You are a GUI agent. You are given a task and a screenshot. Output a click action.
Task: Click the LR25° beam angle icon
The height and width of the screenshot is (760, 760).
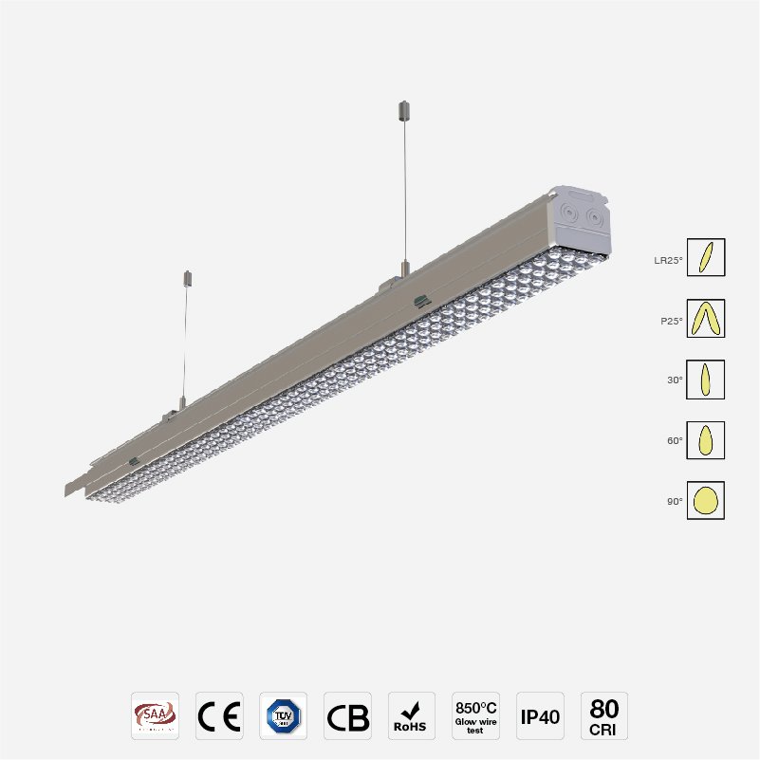(706, 258)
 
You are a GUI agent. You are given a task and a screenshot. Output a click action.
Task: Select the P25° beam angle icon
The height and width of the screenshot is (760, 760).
(706, 319)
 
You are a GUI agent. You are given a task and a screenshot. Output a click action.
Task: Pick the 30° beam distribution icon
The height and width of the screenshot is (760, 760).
(706, 380)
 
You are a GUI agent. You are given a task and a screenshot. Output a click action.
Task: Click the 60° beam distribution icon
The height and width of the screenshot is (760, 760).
(706, 440)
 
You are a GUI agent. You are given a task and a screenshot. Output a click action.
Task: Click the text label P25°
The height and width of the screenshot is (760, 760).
(672, 320)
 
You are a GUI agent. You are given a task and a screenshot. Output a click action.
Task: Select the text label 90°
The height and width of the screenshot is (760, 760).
(675, 501)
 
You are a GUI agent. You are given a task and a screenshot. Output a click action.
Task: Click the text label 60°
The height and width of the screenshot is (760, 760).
(675, 440)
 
